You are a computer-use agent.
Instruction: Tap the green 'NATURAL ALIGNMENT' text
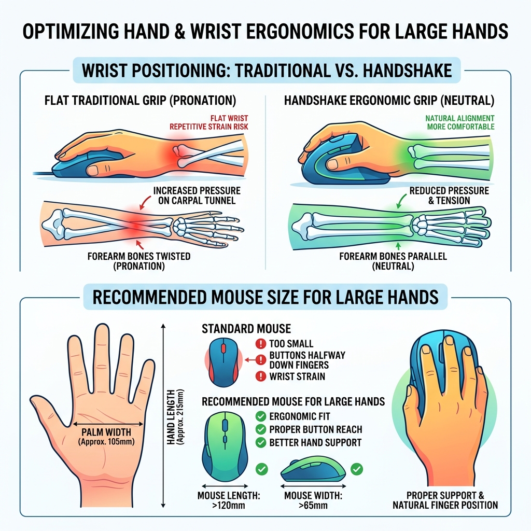pos(459,118)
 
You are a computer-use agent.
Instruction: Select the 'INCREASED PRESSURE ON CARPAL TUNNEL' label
pos(197,196)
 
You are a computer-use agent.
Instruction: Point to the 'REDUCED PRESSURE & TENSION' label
pos(449,195)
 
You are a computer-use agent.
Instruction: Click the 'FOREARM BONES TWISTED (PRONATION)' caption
pos(139,261)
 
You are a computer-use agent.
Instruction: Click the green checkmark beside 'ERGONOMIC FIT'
pos(262,416)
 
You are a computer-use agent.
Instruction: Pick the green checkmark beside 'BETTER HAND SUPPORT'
pos(262,442)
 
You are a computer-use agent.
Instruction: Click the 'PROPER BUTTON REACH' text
pos(316,429)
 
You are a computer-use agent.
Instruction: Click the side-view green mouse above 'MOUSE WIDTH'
pos(313,469)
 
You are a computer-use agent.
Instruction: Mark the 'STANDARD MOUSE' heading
pos(246,329)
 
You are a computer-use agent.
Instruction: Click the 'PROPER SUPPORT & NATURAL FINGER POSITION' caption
pos(445,500)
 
